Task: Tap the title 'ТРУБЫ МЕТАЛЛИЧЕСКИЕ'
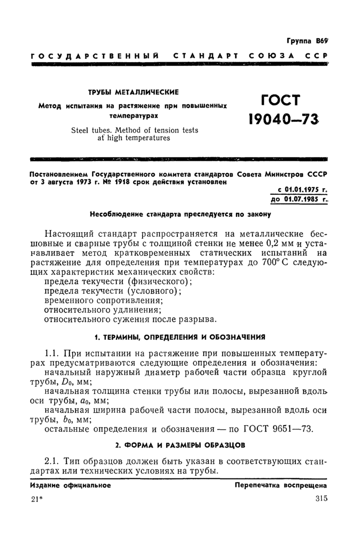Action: click(134, 92)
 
